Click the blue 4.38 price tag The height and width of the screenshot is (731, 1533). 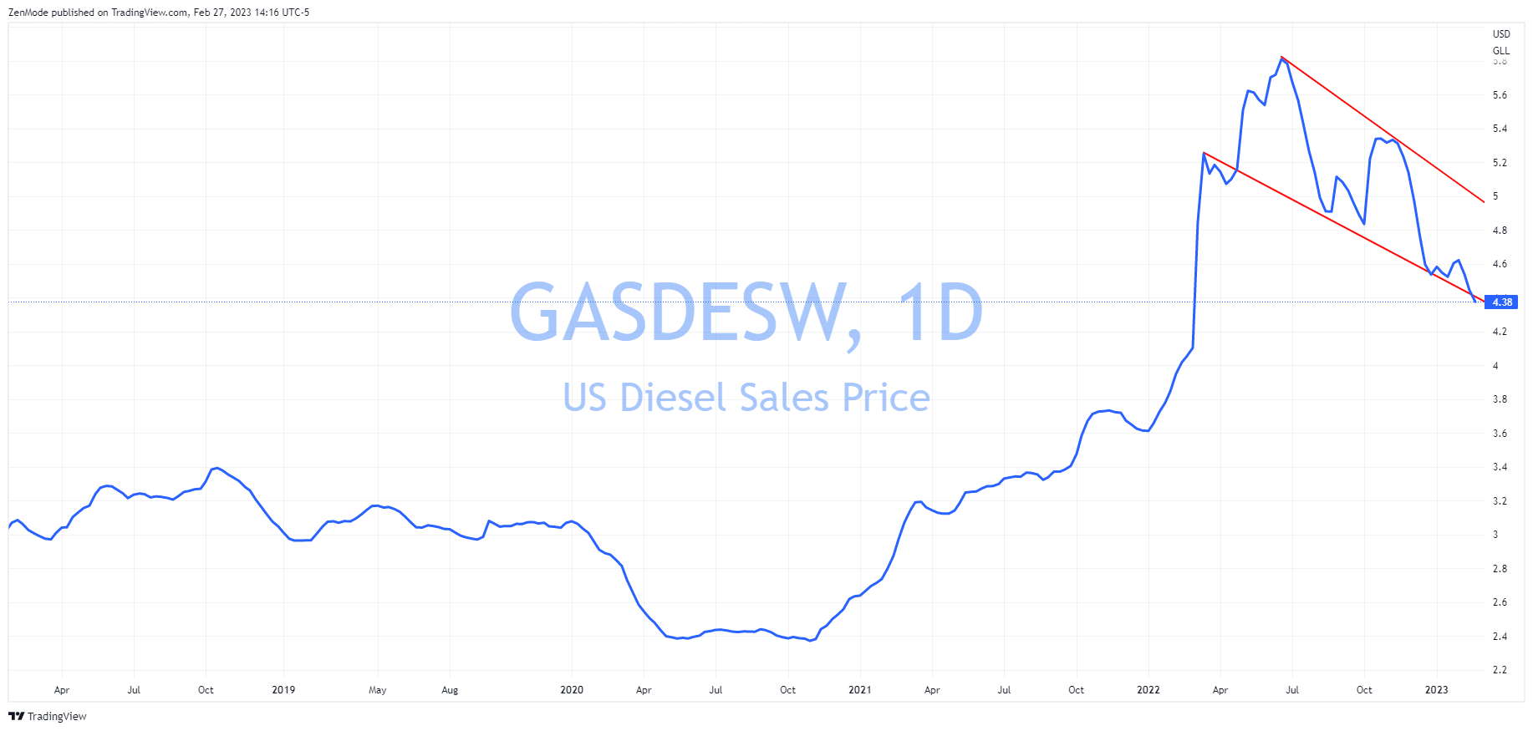tap(1501, 302)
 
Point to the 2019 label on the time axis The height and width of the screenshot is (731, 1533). tap(283, 690)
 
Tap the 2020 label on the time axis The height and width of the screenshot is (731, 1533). tap(572, 690)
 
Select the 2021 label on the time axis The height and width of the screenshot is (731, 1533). tap(859, 690)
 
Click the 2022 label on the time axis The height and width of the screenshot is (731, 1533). tap(1148, 690)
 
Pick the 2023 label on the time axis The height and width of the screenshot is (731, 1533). tap(1436, 690)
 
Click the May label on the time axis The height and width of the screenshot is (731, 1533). tap(378, 690)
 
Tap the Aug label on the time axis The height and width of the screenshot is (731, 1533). tap(450, 690)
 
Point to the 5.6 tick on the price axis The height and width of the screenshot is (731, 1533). tap(1500, 95)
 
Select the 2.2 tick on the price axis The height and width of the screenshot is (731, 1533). tap(1500, 670)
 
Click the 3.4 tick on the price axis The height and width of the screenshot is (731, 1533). tap(1500, 467)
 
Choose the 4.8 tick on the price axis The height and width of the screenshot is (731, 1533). tap(1500, 231)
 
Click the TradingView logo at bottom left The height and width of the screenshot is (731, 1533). tap(48, 716)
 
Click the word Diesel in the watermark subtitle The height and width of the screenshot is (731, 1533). tap(673, 398)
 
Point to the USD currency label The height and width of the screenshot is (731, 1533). tap(1501, 34)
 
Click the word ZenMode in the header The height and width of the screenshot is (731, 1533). tap(28, 13)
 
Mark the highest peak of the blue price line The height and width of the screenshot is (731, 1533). tap(1282, 58)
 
